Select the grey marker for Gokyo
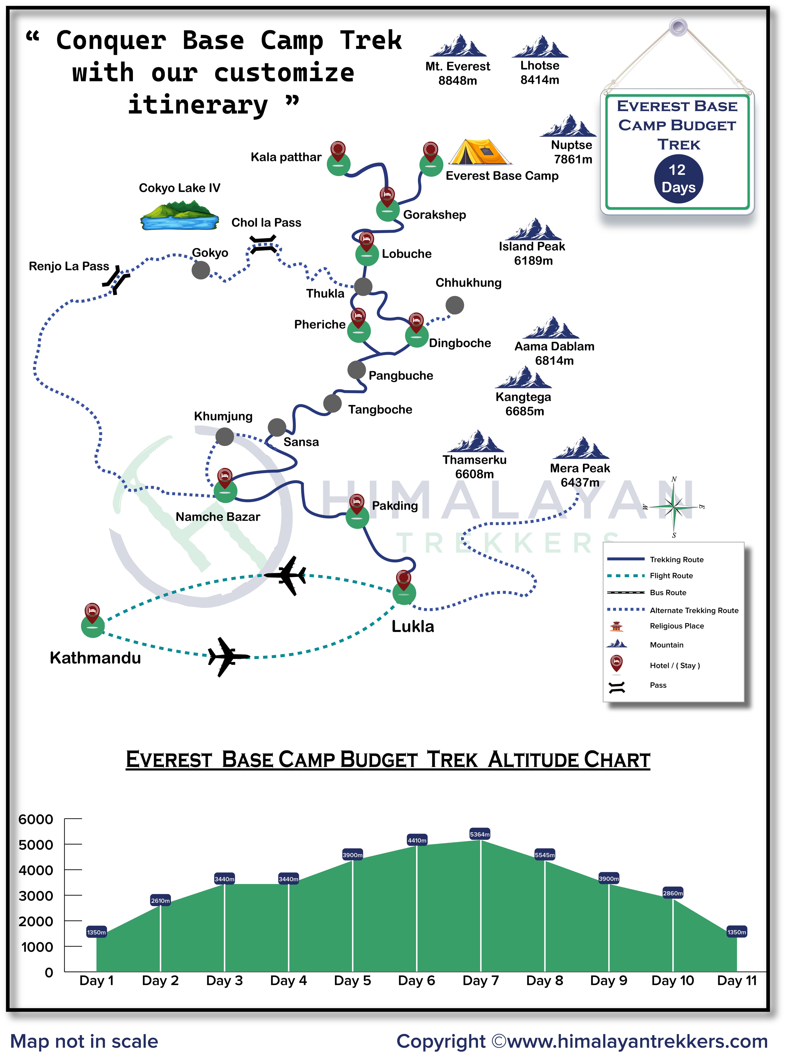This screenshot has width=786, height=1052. [x=201, y=270]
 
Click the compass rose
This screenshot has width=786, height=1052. [x=674, y=507]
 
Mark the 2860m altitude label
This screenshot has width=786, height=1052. [x=672, y=893]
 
